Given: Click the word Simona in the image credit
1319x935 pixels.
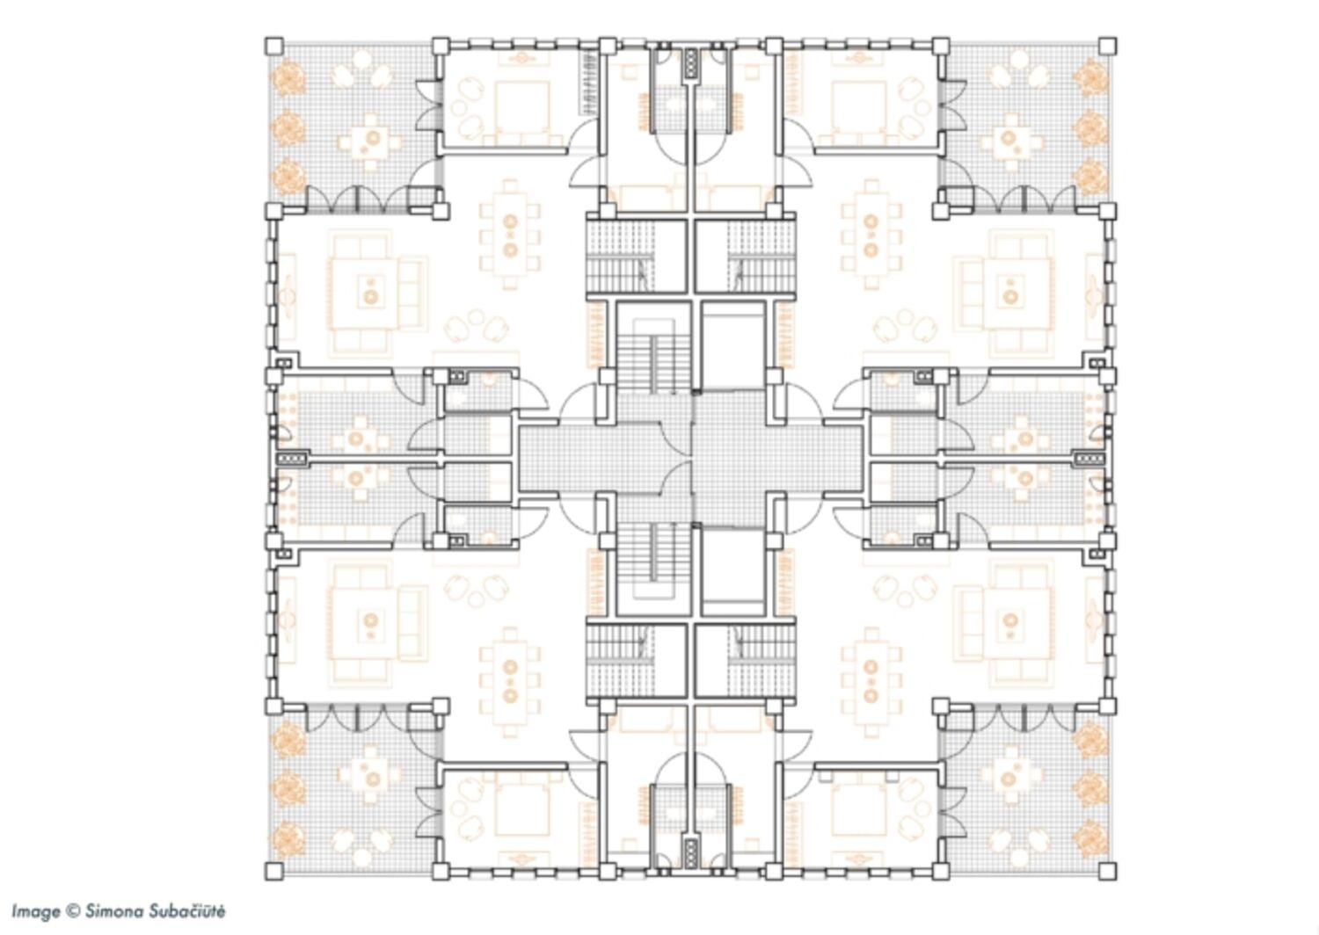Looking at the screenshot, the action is (114, 911).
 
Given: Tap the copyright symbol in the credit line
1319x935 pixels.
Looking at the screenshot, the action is (72, 911).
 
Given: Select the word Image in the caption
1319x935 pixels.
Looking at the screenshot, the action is (36, 912).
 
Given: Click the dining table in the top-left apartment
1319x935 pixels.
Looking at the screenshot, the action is (510, 236).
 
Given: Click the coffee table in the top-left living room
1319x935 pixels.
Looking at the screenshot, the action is (371, 291).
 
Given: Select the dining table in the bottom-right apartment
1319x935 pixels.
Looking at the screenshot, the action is (871, 681).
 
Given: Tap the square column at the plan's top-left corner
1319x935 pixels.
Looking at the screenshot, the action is (273, 46).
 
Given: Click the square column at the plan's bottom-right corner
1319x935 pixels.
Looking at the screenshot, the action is (1107, 871).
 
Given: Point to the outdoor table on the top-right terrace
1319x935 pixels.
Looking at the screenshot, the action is (1008, 141).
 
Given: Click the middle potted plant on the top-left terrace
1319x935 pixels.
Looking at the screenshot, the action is (288, 126).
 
